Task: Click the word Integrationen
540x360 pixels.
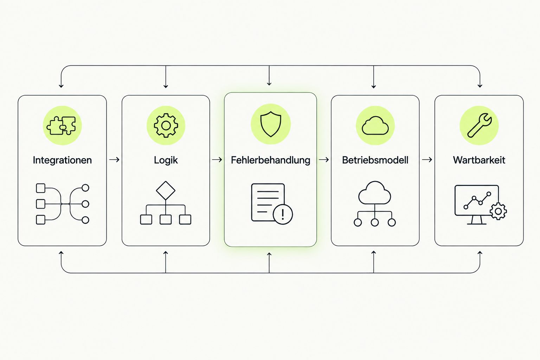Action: (62, 160)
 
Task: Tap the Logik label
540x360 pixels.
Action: (166, 160)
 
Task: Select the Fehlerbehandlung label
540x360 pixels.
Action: (270, 160)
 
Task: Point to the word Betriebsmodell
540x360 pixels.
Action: (375, 160)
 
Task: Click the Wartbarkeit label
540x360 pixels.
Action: (479, 160)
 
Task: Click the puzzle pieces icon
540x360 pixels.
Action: (61, 126)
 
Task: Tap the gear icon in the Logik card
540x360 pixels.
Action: (166, 126)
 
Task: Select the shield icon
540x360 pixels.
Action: (271, 124)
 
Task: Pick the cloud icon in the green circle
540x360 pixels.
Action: (375, 126)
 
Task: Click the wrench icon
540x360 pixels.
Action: (479, 126)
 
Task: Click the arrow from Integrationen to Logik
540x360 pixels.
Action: (114, 160)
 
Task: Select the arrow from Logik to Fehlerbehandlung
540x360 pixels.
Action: (217, 160)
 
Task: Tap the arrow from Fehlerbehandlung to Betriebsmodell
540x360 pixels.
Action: (324, 160)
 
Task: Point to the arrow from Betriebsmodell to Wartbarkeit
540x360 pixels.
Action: (427, 160)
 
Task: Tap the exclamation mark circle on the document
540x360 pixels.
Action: (283, 214)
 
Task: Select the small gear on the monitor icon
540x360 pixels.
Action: (498, 212)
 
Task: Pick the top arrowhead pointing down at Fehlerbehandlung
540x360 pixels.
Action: (269, 84)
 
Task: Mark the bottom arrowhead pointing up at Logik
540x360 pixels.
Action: (166, 253)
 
